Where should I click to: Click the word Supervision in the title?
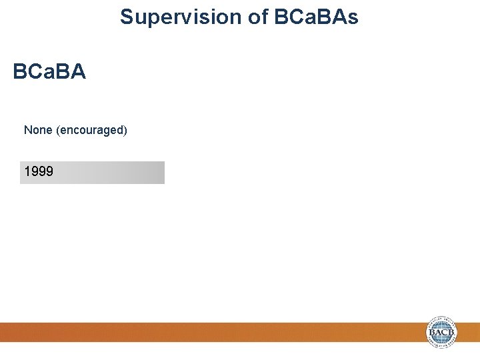click(181, 17)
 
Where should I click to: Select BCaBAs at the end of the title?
click(316, 17)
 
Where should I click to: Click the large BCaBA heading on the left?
click(49, 72)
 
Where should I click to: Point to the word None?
click(38, 130)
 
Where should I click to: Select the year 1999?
click(39, 172)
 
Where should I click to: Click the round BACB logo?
click(443, 332)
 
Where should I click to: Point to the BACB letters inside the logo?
click(443, 333)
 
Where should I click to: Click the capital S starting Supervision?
click(127, 17)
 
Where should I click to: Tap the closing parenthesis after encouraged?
click(125, 130)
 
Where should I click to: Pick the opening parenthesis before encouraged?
click(59, 130)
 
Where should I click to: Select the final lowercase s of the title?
click(353, 19)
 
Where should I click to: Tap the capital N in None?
click(28, 130)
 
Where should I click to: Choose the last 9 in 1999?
click(50, 172)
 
